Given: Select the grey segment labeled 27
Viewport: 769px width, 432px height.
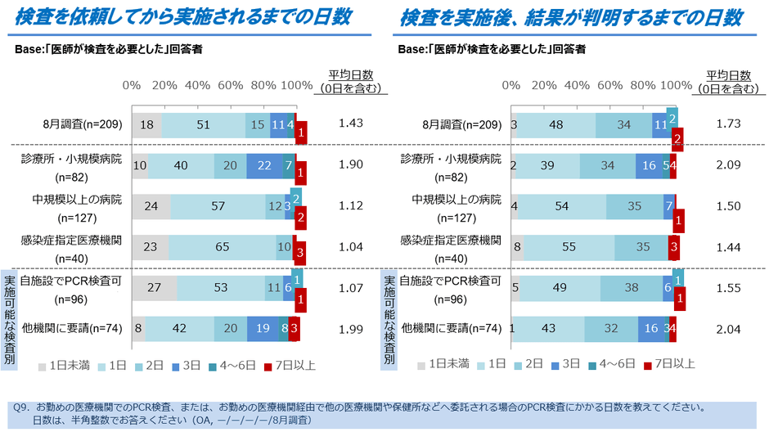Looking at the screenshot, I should click(x=154, y=287).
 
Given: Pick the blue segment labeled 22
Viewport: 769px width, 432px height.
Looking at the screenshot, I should click(x=263, y=164).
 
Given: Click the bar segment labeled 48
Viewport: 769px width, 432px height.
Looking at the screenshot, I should click(x=555, y=124).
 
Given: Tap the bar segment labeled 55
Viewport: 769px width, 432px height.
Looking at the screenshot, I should click(x=569, y=246).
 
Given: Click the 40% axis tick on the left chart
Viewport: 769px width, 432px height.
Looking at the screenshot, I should click(x=197, y=86).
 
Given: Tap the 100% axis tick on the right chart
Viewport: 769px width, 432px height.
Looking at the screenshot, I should click(x=677, y=86).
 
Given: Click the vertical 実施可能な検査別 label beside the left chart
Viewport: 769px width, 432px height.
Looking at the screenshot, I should click(x=10, y=319).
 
